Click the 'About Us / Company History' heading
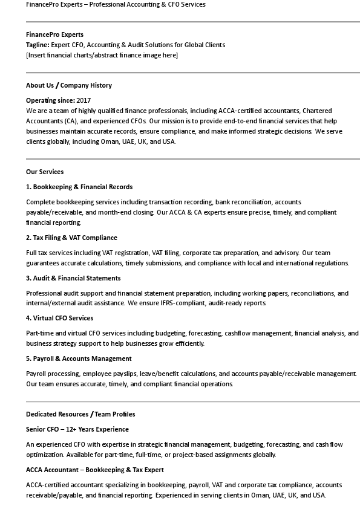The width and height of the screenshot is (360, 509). point(68,85)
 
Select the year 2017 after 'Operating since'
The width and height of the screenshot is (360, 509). point(83,100)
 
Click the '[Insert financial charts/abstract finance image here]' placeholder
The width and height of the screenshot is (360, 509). point(102,55)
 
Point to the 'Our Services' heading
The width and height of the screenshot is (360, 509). point(45,172)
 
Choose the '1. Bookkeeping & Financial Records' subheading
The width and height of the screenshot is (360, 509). point(79,187)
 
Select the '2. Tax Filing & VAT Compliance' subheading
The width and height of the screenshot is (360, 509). point(71,238)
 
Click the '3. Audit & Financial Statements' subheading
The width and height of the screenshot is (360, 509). point(73,278)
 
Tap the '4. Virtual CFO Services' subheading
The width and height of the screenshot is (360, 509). point(59,318)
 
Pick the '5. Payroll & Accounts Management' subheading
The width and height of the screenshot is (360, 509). point(79,358)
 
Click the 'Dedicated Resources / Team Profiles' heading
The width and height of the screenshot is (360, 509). point(80,414)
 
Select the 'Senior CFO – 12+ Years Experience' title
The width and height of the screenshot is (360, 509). point(77,429)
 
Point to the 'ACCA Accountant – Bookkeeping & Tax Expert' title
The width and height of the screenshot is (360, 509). point(95,470)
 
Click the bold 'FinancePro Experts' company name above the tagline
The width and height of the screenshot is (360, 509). point(54,34)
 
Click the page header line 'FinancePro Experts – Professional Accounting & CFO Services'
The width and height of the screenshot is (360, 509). point(116,4)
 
